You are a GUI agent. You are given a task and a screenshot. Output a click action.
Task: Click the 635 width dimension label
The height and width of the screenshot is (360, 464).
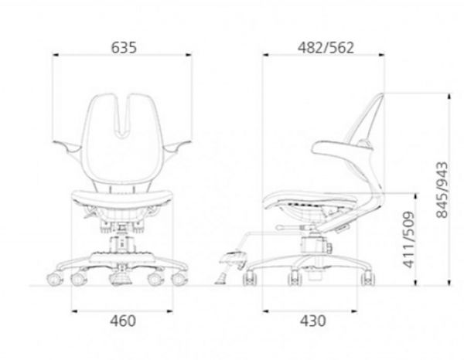point(124,48)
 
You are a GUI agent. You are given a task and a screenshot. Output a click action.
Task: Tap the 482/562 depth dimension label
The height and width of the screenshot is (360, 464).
point(326,48)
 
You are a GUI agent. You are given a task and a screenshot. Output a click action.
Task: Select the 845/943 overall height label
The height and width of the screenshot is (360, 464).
point(442,190)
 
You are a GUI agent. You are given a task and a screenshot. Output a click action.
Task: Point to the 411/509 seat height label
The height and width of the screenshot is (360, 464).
point(409,239)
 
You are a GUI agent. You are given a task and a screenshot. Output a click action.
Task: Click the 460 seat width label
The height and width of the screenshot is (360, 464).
point(123,321)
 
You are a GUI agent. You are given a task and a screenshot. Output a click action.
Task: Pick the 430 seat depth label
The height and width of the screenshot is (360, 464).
point(313,321)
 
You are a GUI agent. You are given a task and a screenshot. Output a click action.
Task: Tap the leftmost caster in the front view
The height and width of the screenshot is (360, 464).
point(54,279)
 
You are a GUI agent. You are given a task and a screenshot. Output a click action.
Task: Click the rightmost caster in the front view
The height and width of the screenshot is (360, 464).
point(179,279)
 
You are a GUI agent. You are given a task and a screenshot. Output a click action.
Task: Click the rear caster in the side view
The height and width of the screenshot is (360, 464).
point(367,278)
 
